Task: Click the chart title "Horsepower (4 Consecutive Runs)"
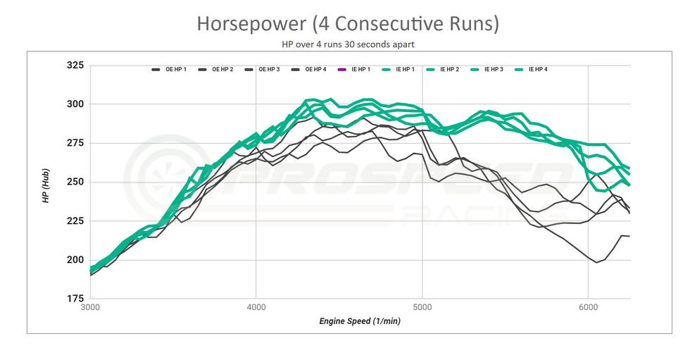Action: tap(348, 23)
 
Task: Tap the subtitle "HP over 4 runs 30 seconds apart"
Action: tap(348, 44)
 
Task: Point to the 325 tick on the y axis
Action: tap(75, 66)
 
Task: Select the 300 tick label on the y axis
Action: tap(75, 104)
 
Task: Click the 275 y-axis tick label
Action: tap(75, 143)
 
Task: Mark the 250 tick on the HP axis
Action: tap(75, 182)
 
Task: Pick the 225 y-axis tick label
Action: tap(75, 221)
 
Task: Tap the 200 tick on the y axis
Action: tap(75, 260)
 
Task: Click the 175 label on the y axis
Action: tap(75, 299)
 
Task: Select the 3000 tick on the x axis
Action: tap(90, 308)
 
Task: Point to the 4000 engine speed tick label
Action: tap(256, 308)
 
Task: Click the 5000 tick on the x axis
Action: tap(422, 308)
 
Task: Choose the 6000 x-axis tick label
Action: tap(589, 308)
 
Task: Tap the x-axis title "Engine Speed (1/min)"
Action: tap(360, 321)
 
